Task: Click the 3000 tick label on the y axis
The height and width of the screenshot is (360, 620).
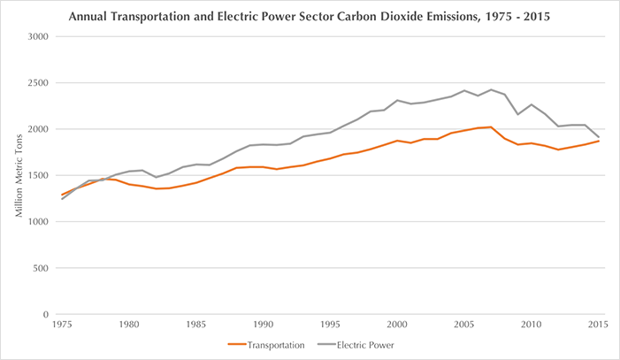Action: pyautogui.click(x=37, y=37)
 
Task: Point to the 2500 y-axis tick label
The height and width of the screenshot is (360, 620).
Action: pyautogui.click(x=37, y=83)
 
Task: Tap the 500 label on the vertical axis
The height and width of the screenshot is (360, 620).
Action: pyautogui.click(x=40, y=268)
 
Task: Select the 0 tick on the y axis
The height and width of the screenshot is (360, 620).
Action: pyautogui.click(x=45, y=314)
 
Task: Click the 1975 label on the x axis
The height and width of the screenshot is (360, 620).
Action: pyautogui.click(x=61, y=326)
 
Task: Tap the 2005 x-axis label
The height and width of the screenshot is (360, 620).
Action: pyautogui.click(x=464, y=326)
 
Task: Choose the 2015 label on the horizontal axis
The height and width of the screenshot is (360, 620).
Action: pyautogui.click(x=598, y=326)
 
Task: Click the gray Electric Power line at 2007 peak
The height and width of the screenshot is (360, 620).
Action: pyautogui.click(x=491, y=90)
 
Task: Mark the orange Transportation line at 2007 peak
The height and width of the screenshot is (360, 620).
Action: pyautogui.click(x=491, y=127)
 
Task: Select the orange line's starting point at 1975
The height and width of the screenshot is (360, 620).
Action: pyautogui.click(x=61, y=195)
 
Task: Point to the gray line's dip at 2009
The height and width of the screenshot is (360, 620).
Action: pyautogui.click(x=517, y=114)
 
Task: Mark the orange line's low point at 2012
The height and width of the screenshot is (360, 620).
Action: pyautogui.click(x=558, y=149)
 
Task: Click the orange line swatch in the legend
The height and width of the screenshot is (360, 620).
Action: pyautogui.click(x=237, y=346)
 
